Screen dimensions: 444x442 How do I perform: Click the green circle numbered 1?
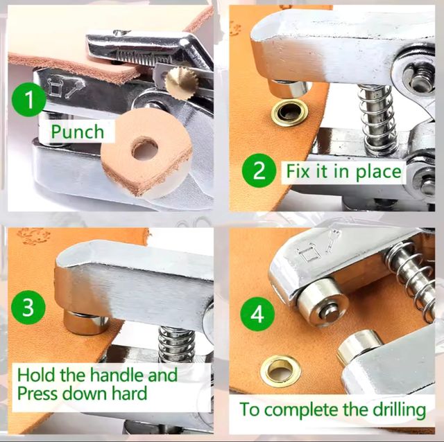click(28, 100)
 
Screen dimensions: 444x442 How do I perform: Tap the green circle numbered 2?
click(259, 170)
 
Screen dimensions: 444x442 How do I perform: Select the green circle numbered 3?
click(28, 307)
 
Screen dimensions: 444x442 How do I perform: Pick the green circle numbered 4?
click(257, 314)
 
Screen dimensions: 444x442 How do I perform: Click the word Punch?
click(78, 132)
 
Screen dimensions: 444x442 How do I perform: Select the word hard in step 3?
click(130, 393)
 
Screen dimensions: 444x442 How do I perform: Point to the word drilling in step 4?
click(399, 410)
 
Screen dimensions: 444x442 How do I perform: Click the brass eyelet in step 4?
click(280, 371)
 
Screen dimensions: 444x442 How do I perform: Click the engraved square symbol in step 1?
click(54, 86)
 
